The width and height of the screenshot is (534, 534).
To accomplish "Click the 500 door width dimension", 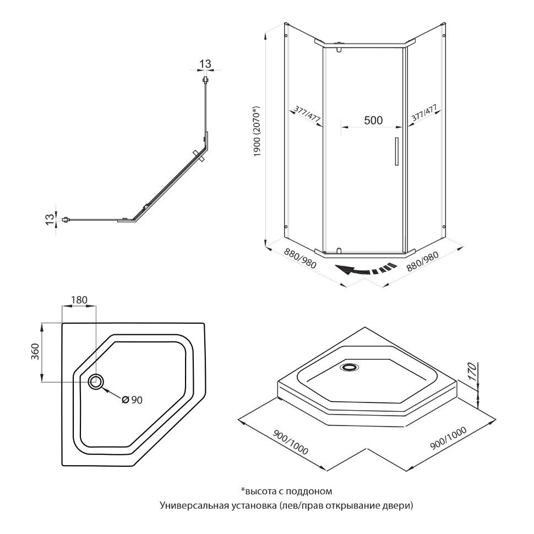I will (x=373, y=121).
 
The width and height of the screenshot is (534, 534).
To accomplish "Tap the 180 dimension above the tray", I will (x=79, y=300).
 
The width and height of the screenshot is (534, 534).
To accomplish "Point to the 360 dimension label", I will (x=34, y=351).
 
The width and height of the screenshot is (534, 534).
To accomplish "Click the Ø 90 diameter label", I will (x=132, y=400).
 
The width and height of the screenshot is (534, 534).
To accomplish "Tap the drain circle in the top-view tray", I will (x=96, y=381).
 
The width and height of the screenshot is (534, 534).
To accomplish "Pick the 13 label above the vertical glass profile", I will (x=205, y=64).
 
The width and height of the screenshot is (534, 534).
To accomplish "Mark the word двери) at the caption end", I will (x=399, y=505).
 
